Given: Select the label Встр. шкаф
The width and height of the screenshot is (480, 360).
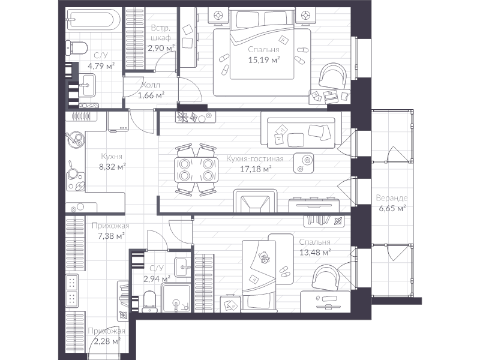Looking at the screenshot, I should click(161, 32).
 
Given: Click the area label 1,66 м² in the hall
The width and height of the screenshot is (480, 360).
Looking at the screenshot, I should click(151, 95).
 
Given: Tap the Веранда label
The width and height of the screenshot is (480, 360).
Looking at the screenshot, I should click(392, 198).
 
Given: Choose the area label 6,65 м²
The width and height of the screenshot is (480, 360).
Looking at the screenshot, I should click(392, 208).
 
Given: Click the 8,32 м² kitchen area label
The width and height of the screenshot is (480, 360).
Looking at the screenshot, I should click(112, 167).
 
